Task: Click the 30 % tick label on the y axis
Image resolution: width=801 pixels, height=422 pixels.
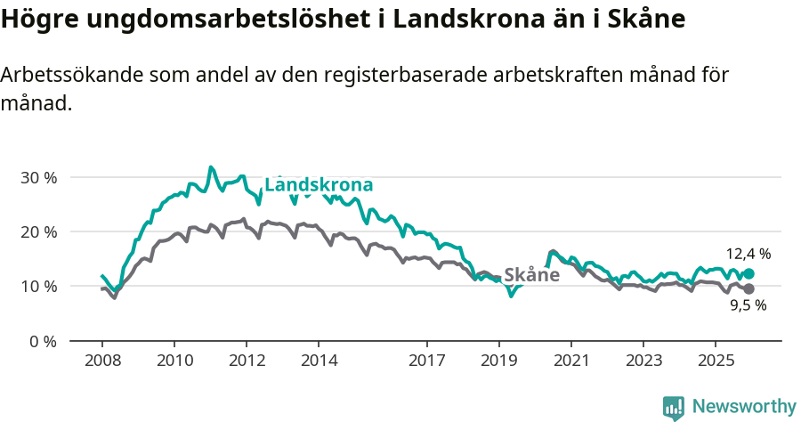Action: click(37, 177)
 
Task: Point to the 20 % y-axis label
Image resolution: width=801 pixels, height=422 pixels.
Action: click(37, 231)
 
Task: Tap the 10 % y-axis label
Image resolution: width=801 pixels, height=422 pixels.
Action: click(37, 287)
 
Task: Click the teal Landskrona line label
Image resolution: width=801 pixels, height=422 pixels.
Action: click(319, 185)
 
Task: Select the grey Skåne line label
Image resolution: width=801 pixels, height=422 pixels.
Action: click(531, 275)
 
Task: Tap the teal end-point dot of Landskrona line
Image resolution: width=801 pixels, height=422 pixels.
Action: click(748, 274)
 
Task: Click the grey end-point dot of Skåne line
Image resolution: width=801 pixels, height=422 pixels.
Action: click(748, 289)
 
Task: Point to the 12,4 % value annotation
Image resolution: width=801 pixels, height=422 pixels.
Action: click(748, 254)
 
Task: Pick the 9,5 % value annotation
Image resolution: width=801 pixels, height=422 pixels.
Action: click(748, 305)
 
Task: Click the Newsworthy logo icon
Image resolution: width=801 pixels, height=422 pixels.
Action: click(674, 407)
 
